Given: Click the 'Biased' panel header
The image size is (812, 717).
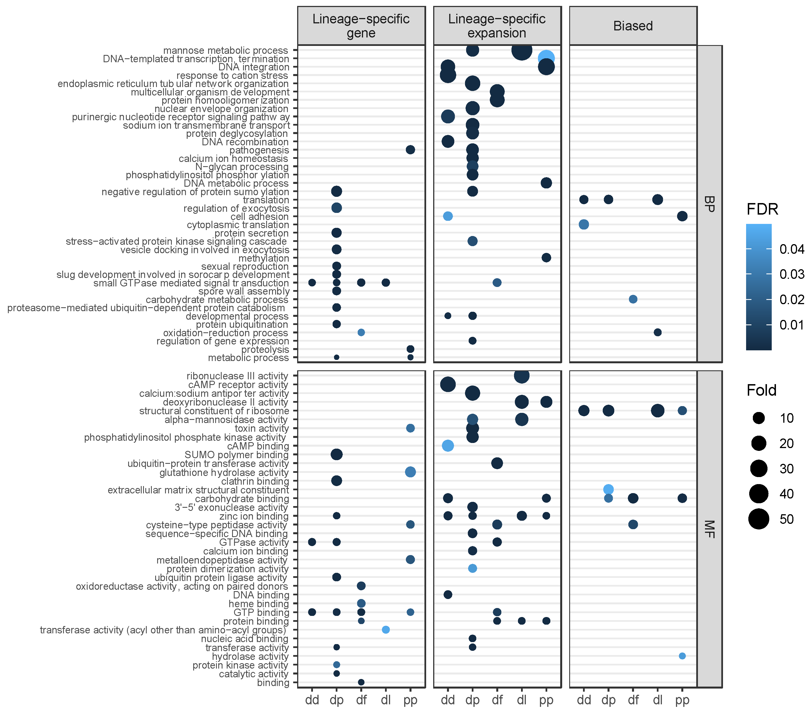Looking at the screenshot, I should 633,26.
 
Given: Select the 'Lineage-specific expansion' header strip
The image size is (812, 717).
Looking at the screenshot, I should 497,26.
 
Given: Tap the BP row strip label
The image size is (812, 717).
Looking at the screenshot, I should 709,203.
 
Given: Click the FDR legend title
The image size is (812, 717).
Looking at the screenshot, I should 762,209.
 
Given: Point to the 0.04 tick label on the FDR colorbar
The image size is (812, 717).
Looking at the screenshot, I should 792,249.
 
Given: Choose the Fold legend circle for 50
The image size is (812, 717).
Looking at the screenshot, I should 758,519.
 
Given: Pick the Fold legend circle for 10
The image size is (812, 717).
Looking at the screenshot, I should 758,418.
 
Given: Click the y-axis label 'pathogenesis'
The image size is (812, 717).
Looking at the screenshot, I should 259,150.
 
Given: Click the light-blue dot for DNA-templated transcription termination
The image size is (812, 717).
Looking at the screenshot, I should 546,58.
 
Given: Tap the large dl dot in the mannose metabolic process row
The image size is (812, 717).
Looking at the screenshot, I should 522,50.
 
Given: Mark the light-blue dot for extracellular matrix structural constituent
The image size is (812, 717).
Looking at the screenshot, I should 608,489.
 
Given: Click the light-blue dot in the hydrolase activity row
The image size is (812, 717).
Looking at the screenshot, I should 682,656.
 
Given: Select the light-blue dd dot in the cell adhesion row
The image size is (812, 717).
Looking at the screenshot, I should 448,216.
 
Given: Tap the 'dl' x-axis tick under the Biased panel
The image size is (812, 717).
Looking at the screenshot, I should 657,700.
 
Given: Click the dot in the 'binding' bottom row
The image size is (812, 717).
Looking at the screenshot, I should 361,682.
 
